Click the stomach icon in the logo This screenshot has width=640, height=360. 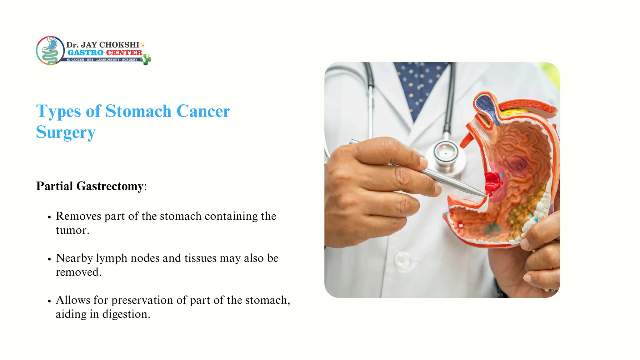(x=50, y=50)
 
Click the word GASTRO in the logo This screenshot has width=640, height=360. (x=85, y=52)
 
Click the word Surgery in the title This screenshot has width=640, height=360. (x=66, y=132)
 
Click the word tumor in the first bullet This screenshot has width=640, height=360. (x=72, y=231)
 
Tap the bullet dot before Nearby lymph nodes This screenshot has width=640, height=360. (x=49, y=259)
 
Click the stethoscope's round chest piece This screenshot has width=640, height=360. (x=445, y=153)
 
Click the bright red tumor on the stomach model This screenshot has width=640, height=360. (x=493, y=182)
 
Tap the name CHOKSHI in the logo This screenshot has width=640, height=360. (x=119, y=45)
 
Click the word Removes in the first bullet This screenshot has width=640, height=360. (x=78, y=216)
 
